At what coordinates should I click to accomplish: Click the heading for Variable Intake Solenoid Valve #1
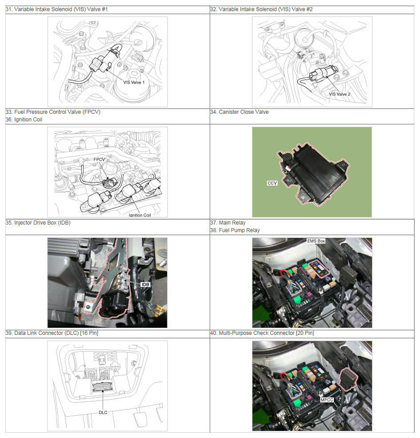click(56, 9)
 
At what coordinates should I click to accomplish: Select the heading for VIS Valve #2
click(261, 9)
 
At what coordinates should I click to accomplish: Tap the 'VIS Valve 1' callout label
click(134, 82)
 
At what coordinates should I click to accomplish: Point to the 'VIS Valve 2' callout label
click(339, 94)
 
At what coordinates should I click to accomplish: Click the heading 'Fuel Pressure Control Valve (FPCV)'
click(53, 112)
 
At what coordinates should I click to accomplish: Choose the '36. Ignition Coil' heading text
click(24, 120)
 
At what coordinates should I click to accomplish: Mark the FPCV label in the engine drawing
click(99, 160)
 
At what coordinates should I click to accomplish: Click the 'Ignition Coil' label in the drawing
click(140, 215)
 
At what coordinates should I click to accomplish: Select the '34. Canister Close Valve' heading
click(239, 112)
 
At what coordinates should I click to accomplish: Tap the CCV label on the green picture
click(272, 183)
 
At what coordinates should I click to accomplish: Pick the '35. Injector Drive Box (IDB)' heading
click(38, 223)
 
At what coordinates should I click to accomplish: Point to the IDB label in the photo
click(145, 284)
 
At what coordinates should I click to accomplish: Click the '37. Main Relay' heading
click(228, 223)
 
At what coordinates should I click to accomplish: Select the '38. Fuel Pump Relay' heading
click(235, 230)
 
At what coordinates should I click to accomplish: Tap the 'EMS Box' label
click(316, 241)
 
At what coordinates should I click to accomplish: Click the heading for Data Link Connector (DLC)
click(52, 333)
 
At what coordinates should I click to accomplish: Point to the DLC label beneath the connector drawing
click(103, 412)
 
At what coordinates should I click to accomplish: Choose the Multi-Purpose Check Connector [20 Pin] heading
click(262, 333)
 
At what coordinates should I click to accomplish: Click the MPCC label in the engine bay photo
click(327, 400)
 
